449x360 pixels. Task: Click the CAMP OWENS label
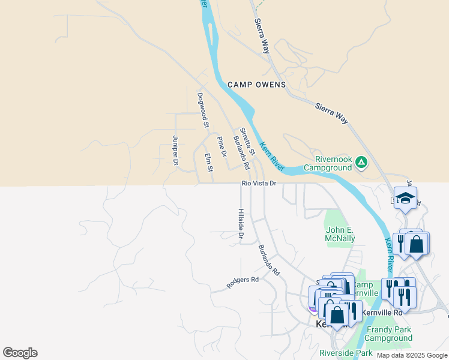(x=256, y=85)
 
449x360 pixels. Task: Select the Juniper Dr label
(x=175, y=150)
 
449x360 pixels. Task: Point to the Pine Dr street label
(x=221, y=146)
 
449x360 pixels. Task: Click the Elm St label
(x=209, y=163)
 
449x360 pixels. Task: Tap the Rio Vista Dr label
(x=259, y=183)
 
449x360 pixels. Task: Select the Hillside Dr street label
(x=240, y=224)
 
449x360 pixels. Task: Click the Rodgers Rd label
(x=242, y=283)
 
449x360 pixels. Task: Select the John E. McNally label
(x=340, y=234)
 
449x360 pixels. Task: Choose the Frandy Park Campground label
(x=389, y=334)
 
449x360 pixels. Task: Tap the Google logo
(x=20, y=353)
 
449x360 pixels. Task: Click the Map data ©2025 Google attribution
(x=412, y=355)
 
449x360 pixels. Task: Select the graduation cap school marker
(x=406, y=199)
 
